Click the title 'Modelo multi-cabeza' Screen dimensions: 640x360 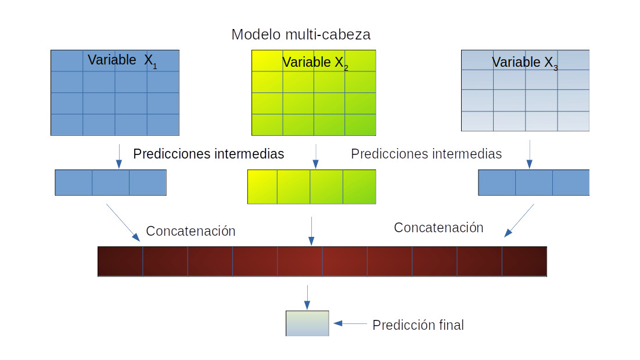click(x=301, y=35)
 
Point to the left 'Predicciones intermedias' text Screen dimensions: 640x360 click(x=208, y=154)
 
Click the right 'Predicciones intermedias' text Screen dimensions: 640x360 click(x=426, y=154)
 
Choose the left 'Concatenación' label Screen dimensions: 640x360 click(x=190, y=231)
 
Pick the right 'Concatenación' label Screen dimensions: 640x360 click(x=438, y=228)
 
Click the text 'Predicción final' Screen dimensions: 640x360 click(x=418, y=325)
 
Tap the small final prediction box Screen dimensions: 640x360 click(x=307, y=323)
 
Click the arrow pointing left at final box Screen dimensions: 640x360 click(x=351, y=323)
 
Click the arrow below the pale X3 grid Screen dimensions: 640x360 click(x=529, y=154)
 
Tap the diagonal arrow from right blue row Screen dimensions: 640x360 click(x=519, y=221)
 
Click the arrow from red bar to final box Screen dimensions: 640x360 click(x=307, y=297)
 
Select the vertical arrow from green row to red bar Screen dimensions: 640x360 click(x=311, y=231)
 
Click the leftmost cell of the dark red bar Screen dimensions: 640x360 click(x=120, y=261)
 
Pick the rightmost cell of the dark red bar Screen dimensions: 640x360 click(x=524, y=261)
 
